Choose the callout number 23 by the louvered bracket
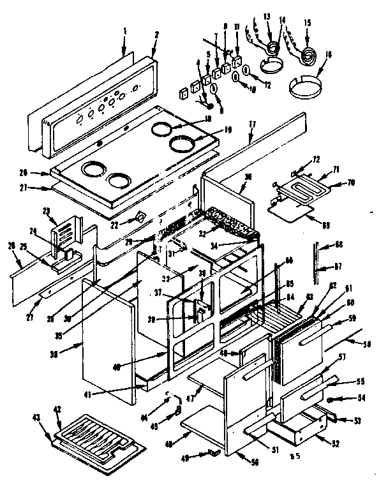coord(45,210)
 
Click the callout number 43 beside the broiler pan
coord(36,418)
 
